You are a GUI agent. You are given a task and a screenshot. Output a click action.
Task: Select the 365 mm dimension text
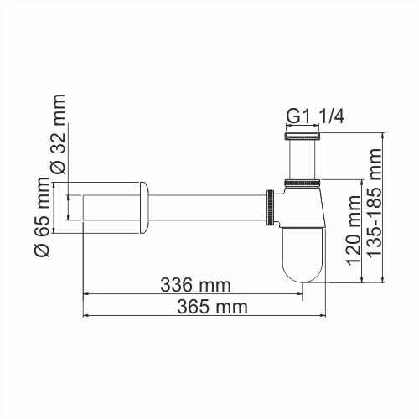click(213, 307)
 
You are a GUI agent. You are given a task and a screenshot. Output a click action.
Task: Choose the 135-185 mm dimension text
click(375, 203)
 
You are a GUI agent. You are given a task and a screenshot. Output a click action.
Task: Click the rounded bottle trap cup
click(303, 251)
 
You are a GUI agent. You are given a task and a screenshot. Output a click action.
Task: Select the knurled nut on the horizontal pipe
click(271, 206)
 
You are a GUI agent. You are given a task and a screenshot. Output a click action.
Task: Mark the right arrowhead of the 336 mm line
click(298, 294)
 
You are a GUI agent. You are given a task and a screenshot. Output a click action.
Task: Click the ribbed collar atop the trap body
click(303, 183)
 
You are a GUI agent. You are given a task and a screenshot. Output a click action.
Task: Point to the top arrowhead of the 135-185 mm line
click(384, 133)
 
